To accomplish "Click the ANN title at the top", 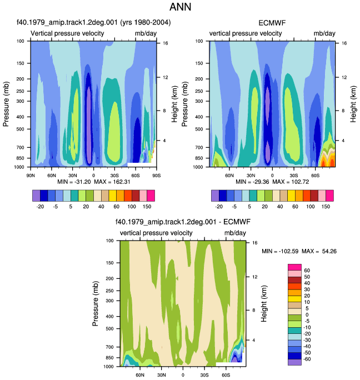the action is point(180,7).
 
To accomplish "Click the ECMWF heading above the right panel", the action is point(272,23).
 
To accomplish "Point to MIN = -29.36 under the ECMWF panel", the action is point(252,182).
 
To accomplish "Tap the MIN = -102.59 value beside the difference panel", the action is point(280,251).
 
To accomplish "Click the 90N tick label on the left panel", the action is point(31,176).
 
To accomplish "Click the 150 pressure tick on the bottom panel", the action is point(110,263).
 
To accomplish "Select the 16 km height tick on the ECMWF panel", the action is point(344,43).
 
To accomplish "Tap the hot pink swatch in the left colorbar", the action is point(151,196).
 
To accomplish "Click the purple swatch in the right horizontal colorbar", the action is point(215,196).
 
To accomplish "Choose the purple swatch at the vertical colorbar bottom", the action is point(294,362).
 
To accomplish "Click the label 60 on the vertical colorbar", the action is point(307,271).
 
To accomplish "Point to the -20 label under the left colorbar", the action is point(40,207).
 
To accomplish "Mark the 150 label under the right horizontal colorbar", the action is point(326,207).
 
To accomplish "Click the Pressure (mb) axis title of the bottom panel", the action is point(96,303).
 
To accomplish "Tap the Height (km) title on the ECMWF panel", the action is point(353,104).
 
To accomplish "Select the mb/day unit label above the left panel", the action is point(146,33).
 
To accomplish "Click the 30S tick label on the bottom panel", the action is point(204,375).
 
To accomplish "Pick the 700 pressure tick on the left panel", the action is point(21,147).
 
